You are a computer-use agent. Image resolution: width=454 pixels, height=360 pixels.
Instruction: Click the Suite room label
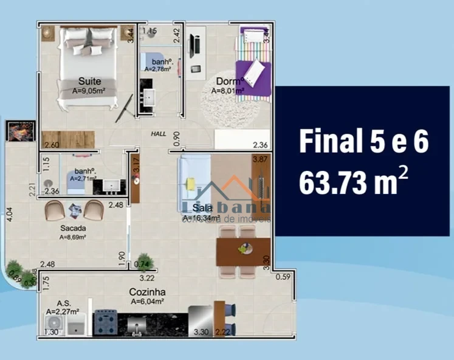89,81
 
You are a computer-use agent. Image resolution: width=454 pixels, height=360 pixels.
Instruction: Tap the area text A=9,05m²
89,91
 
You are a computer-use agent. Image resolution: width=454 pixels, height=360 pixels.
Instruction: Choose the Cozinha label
147,292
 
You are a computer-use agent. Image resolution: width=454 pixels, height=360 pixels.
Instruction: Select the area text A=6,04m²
148,300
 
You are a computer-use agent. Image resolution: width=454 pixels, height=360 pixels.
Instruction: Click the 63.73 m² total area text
354,182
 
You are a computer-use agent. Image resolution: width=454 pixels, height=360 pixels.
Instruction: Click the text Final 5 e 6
363,142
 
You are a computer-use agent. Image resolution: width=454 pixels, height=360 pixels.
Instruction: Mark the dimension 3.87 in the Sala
260,159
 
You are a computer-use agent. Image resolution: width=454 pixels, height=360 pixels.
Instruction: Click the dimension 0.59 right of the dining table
283,277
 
